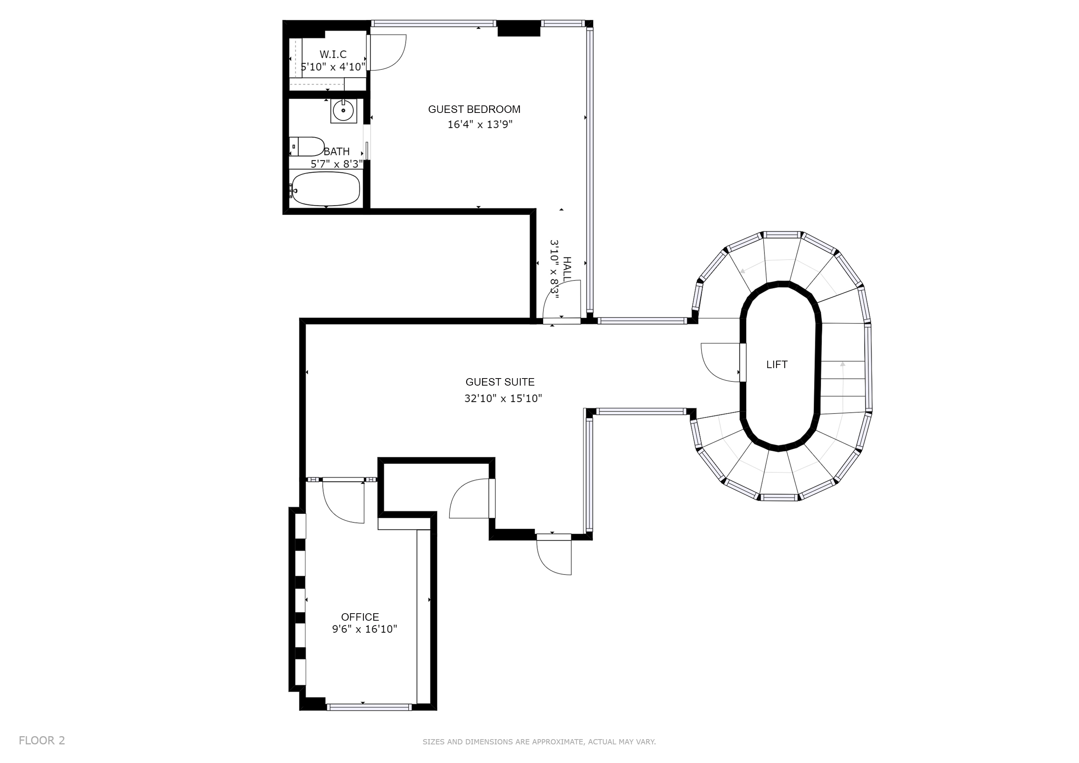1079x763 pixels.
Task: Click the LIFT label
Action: point(777,365)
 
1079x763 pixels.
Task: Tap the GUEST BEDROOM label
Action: point(474,110)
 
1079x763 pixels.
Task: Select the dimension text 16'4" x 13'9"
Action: point(480,124)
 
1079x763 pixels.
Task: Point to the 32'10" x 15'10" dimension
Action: point(503,398)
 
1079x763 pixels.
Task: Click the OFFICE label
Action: point(360,617)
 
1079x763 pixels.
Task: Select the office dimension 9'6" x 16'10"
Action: point(365,629)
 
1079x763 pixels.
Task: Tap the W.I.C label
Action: point(333,54)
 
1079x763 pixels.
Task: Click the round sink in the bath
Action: point(344,111)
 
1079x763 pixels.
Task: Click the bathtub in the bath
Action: point(326,189)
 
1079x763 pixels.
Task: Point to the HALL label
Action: point(567,269)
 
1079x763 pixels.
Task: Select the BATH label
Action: point(336,152)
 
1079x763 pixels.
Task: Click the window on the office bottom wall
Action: point(369,720)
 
